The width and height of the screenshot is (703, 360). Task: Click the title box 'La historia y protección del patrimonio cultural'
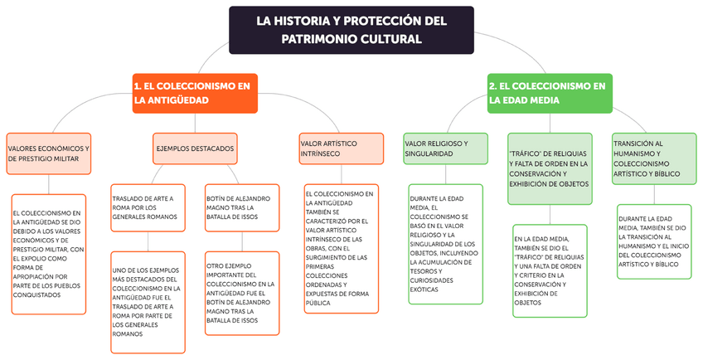pos(351,30)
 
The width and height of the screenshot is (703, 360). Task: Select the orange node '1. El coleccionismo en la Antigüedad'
pos(194,93)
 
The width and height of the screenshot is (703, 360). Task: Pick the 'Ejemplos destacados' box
pos(195,148)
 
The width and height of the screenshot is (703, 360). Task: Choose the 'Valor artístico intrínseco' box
pos(340,148)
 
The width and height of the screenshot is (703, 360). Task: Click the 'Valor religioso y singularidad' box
pos(444,148)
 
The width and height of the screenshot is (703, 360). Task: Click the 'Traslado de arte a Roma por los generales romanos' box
pos(148,207)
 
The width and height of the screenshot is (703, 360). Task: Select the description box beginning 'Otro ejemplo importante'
pos(241,298)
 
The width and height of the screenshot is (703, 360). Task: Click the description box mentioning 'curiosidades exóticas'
pos(445,245)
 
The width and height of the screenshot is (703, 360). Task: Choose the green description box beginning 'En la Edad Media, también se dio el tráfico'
pos(550,270)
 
